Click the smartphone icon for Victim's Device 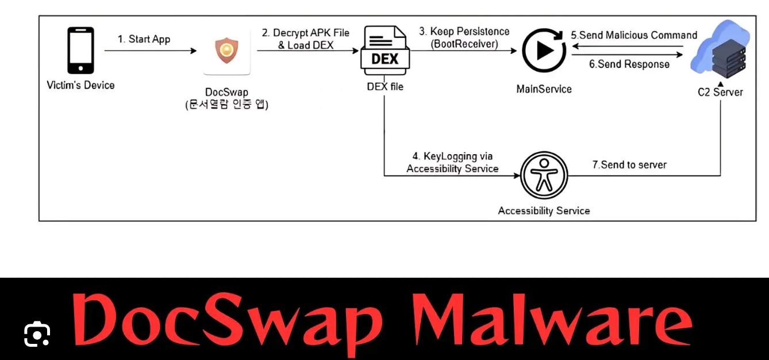click(x=80, y=51)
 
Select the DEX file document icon click(x=385, y=50)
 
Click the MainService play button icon click(x=544, y=50)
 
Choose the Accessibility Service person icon click(x=544, y=175)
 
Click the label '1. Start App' click(x=144, y=39)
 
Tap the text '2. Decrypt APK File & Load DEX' click(x=306, y=39)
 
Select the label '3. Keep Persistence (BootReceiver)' click(x=464, y=37)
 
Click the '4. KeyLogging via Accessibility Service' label click(x=452, y=162)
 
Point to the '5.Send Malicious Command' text click(x=634, y=35)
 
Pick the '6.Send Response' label click(x=629, y=64)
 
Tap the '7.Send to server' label click(x=629, y=164)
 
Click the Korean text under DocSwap click(x=226, y=104)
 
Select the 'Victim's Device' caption click(x=80, y=85)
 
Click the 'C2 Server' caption click(x=720, y=92)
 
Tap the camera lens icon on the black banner click(x=37, y=334)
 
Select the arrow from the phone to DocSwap click(x=151, y=51)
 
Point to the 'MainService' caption click(x=544, y=89)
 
